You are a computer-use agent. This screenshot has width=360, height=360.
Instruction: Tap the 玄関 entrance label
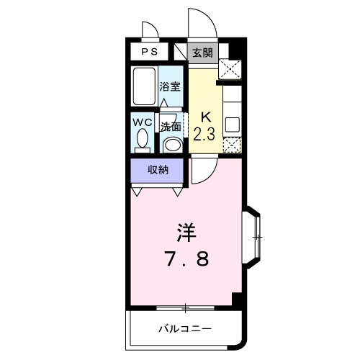point(202,52)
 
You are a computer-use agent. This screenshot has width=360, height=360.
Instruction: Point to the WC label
point(141,122)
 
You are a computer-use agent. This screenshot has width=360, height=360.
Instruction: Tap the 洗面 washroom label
point(170,125)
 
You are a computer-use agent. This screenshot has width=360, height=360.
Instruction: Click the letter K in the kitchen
point(204,117)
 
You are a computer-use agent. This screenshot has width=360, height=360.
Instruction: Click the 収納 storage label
point(158,171)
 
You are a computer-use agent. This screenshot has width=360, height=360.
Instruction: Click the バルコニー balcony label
point(185,328)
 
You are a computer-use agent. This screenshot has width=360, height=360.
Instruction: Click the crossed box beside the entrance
point(231,71)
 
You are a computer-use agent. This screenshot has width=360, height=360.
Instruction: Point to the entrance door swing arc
point(198,22)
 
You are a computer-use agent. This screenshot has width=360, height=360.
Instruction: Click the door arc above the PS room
point(148,32)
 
